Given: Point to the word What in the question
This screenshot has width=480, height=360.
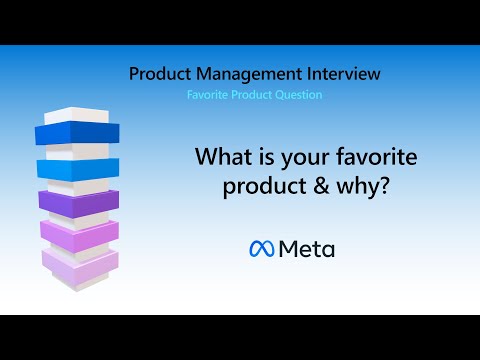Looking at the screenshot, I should (x=219, y=157).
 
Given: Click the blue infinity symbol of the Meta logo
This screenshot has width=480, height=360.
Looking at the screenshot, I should (x=260, y=249).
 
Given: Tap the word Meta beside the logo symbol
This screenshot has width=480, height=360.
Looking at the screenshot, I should (x=306, y=249).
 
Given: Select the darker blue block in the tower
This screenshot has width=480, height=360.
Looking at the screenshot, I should (x=77, y=133).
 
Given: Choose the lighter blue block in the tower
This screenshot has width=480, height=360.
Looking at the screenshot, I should (x=78, y=167).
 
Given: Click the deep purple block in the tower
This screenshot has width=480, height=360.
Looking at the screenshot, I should (x=78, y=200).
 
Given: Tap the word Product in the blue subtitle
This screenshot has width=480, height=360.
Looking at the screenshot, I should (x=250, y=95).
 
